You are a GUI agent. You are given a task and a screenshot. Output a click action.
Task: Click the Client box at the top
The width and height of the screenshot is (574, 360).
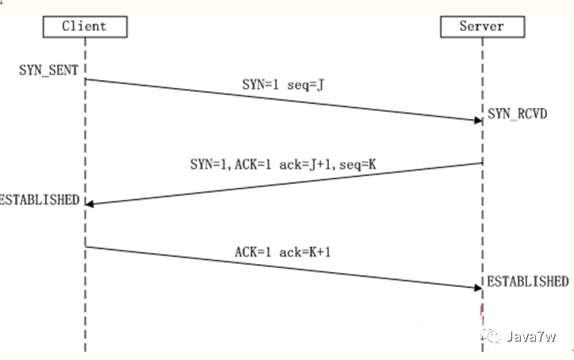click(x=85, y=27)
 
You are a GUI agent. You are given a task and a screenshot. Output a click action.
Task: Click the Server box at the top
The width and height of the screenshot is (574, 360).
click(x=481, y=27)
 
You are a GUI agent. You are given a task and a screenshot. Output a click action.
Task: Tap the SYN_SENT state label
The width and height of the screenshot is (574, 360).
click(x=49, y=70)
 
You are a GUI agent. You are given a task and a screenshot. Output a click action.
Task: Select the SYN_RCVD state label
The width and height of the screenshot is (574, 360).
click(x=517, y=114)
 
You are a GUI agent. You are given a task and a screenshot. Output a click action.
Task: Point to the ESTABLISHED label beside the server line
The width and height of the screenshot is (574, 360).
click(x=527, y=281)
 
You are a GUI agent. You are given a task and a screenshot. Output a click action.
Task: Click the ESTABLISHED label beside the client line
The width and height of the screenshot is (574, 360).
click(x=39, y=199)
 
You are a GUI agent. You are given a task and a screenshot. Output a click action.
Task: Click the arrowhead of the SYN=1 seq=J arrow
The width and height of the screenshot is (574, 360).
click(x=477, y=121)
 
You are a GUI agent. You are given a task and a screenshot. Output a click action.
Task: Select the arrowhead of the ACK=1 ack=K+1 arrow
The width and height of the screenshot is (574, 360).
click(x=477, y=287)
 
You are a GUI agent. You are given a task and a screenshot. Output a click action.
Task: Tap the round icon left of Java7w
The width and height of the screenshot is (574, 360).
click(x=494, y=336)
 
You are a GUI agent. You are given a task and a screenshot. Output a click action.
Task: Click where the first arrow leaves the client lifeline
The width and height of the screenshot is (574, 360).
click(x=86, y=79)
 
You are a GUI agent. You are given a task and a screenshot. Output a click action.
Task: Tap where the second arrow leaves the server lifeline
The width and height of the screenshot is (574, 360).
click(x=481, y=163)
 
